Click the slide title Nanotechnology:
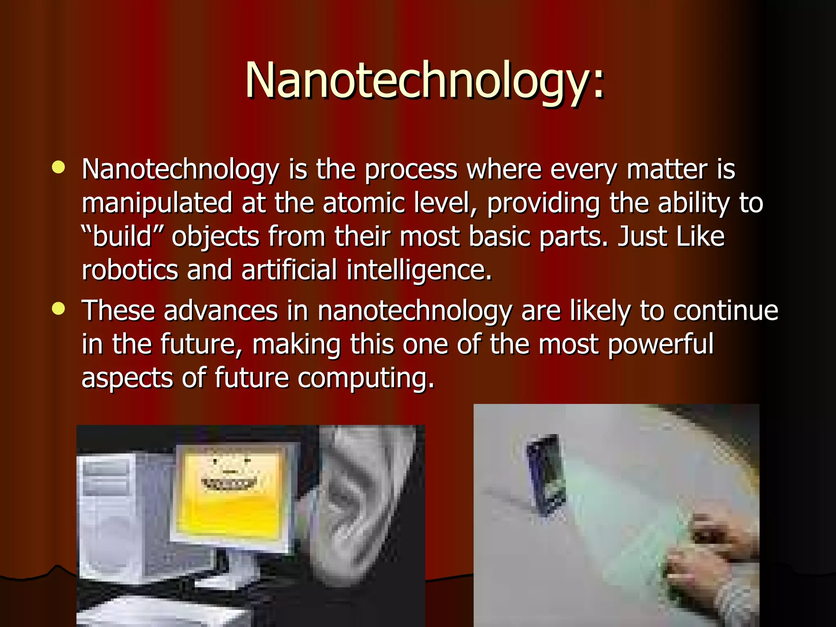(425, 80)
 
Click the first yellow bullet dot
(59, 167)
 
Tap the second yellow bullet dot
(59, 309)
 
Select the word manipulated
(157, 203)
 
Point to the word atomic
(364, 203)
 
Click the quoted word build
(122, 236)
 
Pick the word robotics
(130, 270)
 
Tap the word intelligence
(419, 271)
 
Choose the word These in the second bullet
(118, 311)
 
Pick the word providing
(543, 203)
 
